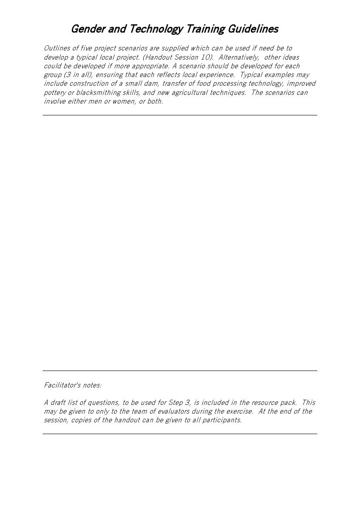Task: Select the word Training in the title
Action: (x=205, y=29)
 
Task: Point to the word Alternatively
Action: (x=239, y=57)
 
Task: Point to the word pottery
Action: (x=54, y=93)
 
